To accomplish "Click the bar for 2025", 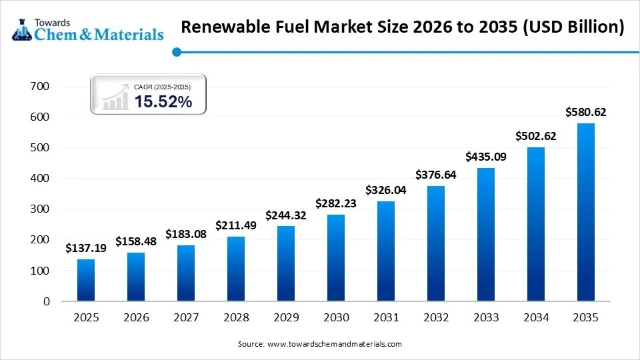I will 86,280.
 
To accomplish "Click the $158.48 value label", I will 136,241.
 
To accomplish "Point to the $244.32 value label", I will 286,215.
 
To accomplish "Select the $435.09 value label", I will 485,157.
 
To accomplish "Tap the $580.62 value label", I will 585,112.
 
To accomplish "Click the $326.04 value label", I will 386,190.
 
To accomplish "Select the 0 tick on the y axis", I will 46,301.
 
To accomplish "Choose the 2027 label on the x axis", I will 186,318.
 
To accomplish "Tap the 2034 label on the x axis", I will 535,318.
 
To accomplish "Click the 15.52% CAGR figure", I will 163,101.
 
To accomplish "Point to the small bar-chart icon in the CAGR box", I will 115,97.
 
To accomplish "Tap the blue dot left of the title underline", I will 176,51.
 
